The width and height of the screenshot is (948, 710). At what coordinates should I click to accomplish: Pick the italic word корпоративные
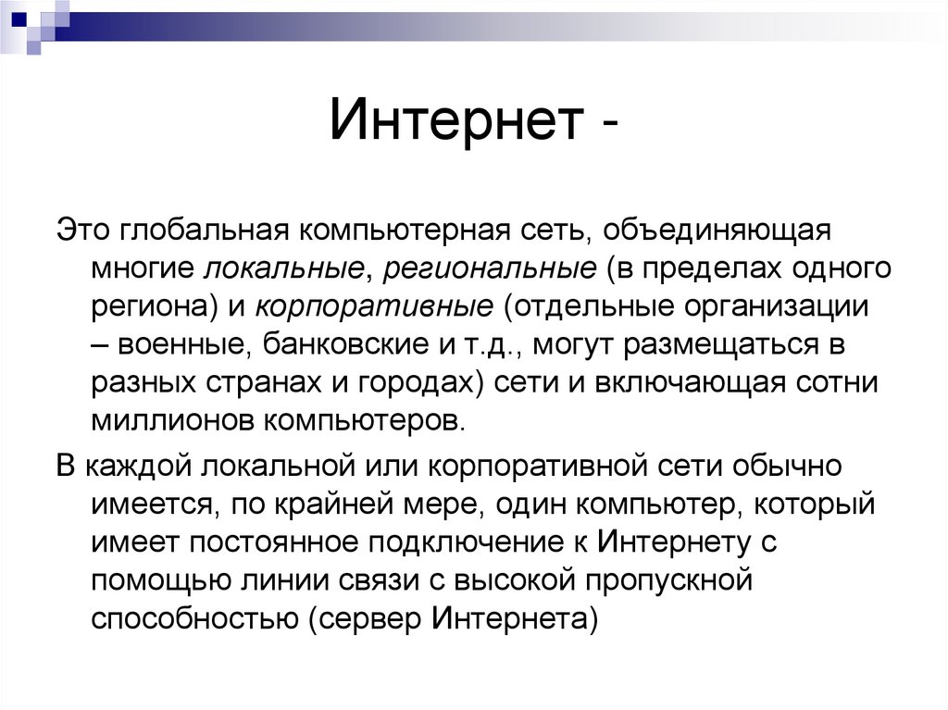tap(375, 306)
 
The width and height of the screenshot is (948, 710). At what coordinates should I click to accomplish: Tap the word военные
tap(181, 345)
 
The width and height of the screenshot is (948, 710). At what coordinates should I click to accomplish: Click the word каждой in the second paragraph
tap(131, 465)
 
